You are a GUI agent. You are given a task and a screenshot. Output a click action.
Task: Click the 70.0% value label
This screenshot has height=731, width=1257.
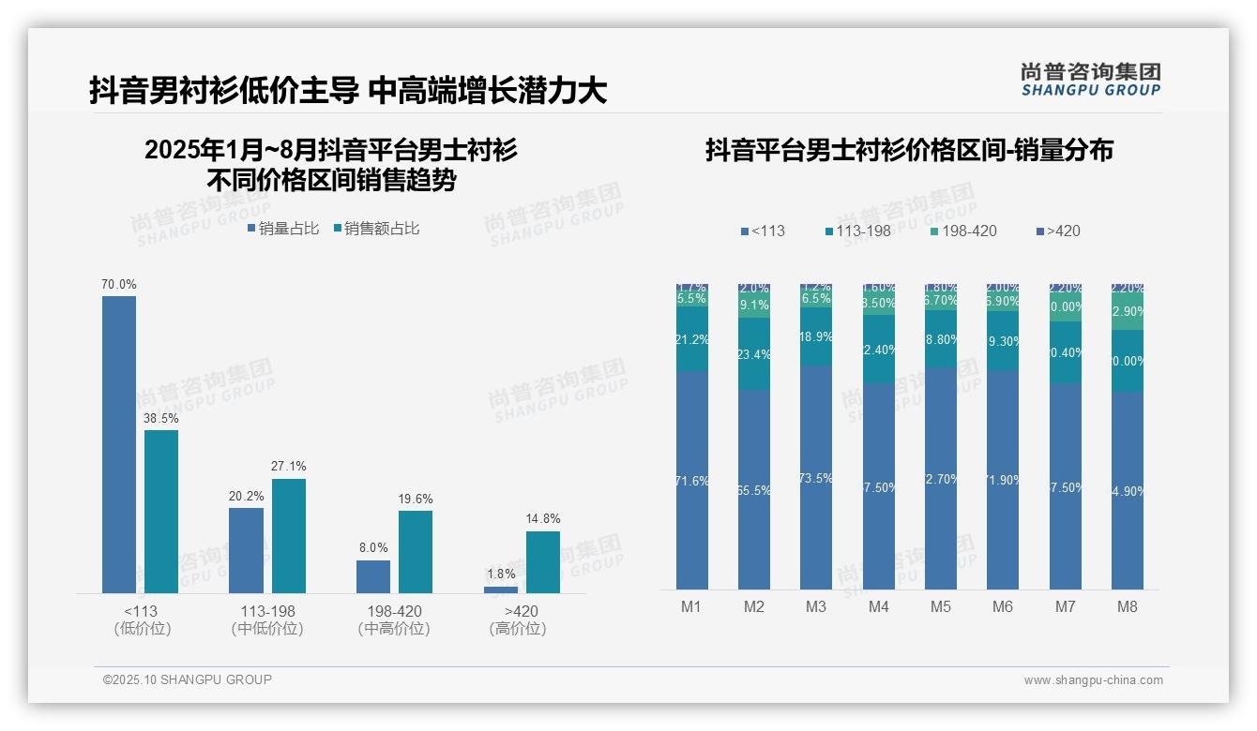tap(119, 284)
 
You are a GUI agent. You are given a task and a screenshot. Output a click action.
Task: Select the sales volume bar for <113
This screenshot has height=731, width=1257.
tap(119, 444)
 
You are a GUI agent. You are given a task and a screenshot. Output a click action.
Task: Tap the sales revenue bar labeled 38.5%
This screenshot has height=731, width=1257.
tap(161, 511)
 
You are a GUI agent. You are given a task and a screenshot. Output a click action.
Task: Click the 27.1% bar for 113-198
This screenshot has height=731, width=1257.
tap(289, 535)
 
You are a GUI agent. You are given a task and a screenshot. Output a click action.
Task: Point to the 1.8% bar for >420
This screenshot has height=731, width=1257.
tap(501, 589)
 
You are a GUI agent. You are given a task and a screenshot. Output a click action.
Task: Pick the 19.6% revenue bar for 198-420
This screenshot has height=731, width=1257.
tap(416, 551)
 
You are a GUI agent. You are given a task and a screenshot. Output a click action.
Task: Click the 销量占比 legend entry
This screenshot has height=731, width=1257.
tap(282, 229)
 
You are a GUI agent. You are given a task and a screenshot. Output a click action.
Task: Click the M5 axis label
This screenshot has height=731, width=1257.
tap(941, 606)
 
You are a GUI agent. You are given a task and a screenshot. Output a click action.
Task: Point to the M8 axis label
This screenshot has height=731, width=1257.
tap(1128, 606)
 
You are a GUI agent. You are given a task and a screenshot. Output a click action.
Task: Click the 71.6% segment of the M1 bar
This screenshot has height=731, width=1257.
tap(692, 480)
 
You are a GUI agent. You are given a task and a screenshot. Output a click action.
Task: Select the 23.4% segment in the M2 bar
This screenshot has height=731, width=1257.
tap(754, 353)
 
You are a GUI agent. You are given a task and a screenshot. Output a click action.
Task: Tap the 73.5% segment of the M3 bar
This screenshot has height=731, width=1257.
tap(816, 477)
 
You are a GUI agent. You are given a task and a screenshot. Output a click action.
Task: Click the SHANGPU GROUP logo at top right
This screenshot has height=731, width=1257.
tap(1090, 80)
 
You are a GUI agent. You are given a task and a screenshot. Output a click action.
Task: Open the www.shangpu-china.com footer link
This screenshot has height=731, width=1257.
tap(1093, 680)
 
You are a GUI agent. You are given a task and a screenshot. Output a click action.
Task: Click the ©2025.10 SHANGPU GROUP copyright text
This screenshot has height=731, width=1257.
tap(188, 679)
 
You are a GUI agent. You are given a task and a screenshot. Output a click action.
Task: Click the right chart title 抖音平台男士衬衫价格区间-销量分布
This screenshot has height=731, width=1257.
tap(909, 150)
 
